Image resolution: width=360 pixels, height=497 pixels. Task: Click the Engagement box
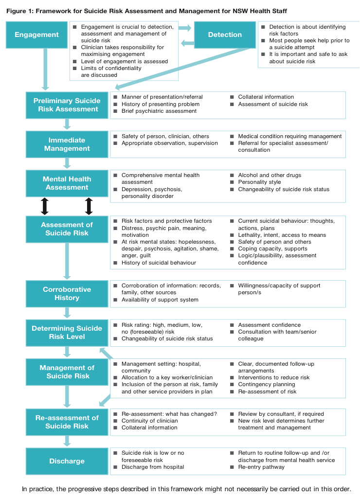click(x=36, y=35)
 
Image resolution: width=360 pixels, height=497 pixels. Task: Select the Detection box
click(x=225, y=35)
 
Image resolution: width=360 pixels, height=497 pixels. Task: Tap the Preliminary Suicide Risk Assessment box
click(x=67, y=105)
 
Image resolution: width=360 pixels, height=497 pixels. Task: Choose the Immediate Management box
click(x=67, y=144)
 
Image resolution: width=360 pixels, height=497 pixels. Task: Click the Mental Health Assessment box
click(x=67, y=183)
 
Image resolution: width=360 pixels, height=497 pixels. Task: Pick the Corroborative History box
click(x=67, y=294)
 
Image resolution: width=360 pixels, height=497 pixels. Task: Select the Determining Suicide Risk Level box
click(x=67, y=333)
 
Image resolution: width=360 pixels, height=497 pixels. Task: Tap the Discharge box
click(x=67, y=461)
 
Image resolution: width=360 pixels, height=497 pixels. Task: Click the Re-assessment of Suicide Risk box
click(x=67, y=422)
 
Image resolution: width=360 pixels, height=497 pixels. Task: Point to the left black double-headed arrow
click(x=45, y=206)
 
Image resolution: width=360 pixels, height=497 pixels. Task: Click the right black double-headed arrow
click(x=89, y=206)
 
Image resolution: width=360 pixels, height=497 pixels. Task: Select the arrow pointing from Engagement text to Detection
click(x=185, y=28)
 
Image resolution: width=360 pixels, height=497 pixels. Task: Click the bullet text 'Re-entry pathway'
click(x=261, y=467)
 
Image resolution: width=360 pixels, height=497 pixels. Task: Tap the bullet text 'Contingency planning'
click(x=267, y=384)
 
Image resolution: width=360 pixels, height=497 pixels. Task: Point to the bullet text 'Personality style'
click(x=259, y=182)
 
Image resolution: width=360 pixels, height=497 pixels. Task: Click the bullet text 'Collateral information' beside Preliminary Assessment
click(x=266, y=97)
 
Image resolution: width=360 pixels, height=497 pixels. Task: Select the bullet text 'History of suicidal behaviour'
click(x=159, y=263)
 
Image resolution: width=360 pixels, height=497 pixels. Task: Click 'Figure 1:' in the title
click(x=19, y=11)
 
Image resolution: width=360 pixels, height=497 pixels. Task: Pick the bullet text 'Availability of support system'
click(x=160, y=300)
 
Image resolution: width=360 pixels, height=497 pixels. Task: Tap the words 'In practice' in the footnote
click(x=36, y=489)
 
